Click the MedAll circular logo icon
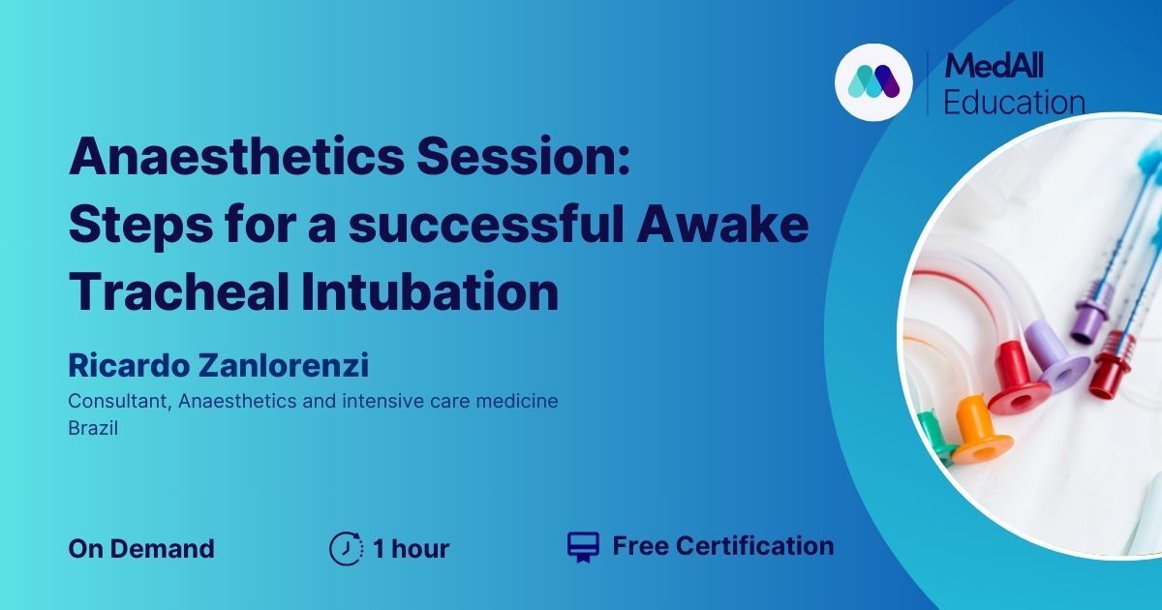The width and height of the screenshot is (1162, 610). click(x=873, y=82)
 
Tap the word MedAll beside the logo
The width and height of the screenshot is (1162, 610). click(x=994, y=66)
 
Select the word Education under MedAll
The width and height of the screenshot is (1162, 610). click(x=1014, y=102)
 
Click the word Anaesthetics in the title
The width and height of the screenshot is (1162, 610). click(x=236, y=155)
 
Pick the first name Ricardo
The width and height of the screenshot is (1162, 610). click(x=129, y=365)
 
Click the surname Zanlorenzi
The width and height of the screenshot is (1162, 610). click(x=284, y=365)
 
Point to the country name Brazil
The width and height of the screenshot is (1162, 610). click(x=93, y=428)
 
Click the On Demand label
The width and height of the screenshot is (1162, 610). click(x=141, y=548)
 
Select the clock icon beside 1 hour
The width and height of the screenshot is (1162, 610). click(x=346, y=548)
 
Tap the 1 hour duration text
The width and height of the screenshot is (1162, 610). click(x=412, y=548)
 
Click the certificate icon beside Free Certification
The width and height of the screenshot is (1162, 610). click(x=584, y=547)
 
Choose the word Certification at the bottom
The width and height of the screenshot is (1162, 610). click(x=754, y=546)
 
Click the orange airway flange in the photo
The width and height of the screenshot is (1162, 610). click(x=982, y=432)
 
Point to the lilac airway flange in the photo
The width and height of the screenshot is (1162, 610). click(x=1055, y=352)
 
